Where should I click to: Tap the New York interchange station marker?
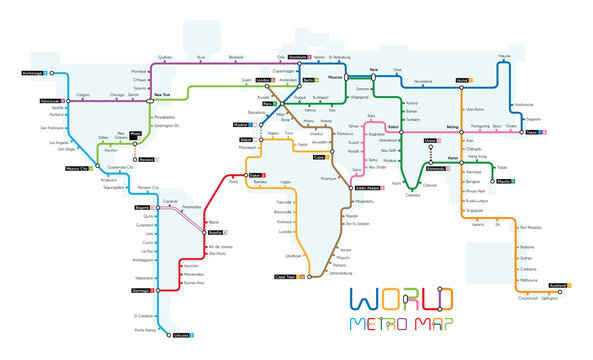click(141, 97)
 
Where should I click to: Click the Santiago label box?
click(134, 291)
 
